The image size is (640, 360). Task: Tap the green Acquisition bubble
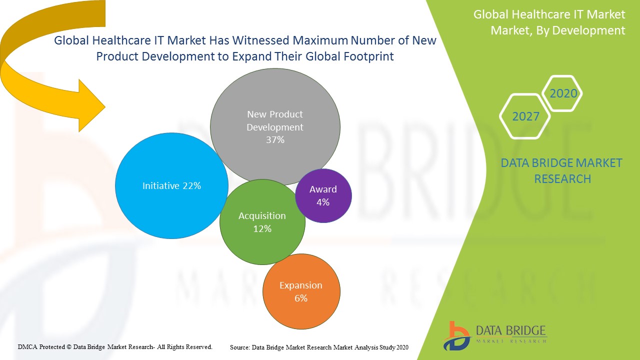point(262,245)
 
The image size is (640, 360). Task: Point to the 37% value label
point(275,140)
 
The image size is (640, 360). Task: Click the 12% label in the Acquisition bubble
point(262,229)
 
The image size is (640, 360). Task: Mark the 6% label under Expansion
point(301,298)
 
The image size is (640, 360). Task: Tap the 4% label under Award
point(323,202)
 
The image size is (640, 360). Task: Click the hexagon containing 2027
point(525,116)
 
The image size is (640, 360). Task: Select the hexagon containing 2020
point(563,93)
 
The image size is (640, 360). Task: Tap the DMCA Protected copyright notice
point(115,346)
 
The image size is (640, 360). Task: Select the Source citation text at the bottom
point(319,347)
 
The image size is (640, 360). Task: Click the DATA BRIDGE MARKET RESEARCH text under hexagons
point(561,170)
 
